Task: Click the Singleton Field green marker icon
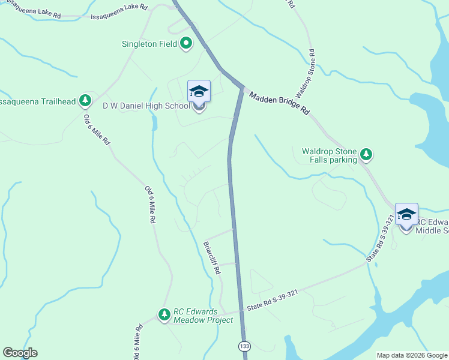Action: click(186, 43)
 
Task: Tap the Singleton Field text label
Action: click(150, 44)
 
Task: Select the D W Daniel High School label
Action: click(146, 106)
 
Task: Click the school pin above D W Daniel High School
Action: click(199, 92)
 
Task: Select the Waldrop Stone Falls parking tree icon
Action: click(366, 155)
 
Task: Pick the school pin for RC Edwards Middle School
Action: click(406, 215)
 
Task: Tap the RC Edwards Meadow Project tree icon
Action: click(164, 314)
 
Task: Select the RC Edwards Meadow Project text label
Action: click(203, 316)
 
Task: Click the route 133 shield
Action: click(244, 346)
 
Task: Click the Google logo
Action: click(20, 353)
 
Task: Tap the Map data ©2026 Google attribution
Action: click(411, 355)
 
